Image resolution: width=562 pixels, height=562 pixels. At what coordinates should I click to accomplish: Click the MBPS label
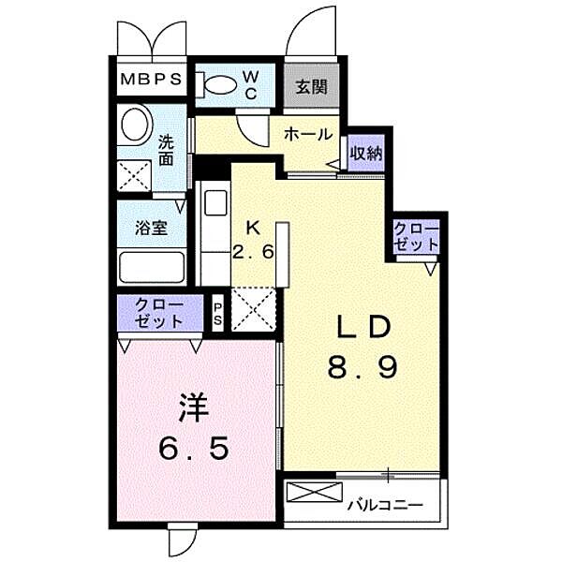point(151,80)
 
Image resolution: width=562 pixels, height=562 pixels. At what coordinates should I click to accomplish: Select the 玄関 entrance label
point(312,86)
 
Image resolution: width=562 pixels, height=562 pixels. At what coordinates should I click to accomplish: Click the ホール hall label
point(308,135)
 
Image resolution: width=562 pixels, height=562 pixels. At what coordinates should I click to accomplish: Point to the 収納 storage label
point(366,154)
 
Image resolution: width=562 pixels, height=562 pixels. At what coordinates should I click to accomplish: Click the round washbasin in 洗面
point(135,125)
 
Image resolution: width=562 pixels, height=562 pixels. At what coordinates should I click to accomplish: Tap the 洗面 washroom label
point(167,150)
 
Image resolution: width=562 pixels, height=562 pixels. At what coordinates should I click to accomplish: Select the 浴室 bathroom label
point(151,228)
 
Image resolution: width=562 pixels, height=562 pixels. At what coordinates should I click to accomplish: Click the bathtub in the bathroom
point(152,267)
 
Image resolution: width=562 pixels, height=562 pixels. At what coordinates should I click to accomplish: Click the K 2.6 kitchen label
point(254,240)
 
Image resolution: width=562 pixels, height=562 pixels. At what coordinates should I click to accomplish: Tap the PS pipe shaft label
point(217,314)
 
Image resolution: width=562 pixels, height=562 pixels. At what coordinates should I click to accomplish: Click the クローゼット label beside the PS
point(159,313)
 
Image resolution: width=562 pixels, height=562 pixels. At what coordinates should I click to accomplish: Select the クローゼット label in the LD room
point(416,236)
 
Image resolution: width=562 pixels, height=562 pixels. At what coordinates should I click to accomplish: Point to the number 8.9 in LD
point(362,367)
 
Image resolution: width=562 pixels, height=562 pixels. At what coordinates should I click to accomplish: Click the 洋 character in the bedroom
point(194,407)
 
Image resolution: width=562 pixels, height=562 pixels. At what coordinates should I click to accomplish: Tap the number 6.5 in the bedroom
point(194,449)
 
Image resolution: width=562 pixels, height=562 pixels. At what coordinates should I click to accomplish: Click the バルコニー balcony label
point(386,506)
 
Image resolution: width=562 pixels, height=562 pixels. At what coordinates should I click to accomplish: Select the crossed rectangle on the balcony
point(315,492)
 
